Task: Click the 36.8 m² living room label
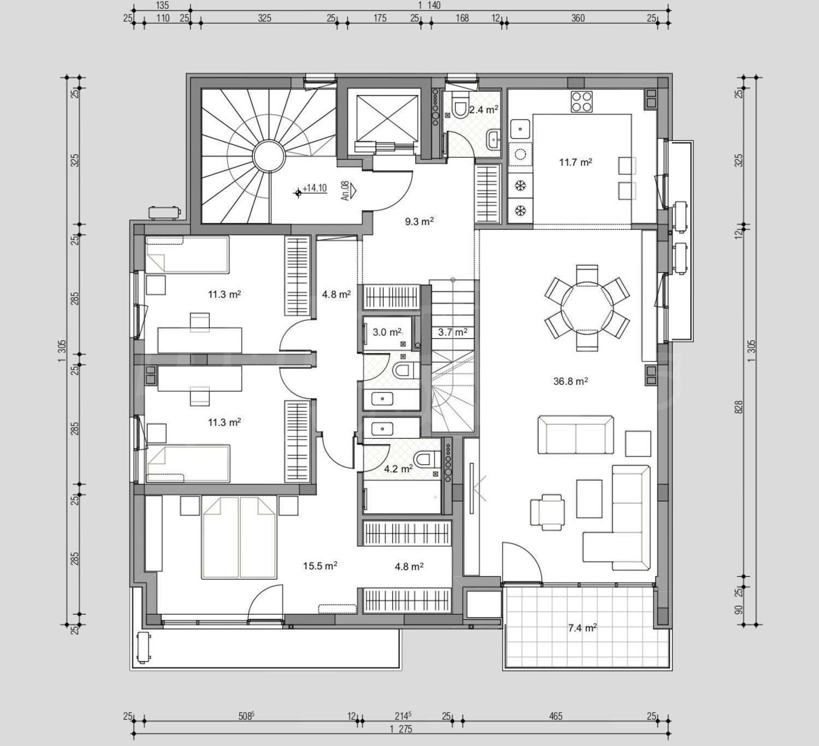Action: click(x=571, y=381)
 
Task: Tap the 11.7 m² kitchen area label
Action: click(x=575, y=163)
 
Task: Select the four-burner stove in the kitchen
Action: click(x=582, y=102)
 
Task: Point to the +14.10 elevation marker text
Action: click(x=314, y=188)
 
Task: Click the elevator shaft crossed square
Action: click(x=387, y=118)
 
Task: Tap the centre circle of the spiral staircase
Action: click(x=269, y=156)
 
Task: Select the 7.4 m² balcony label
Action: click(x=582, y=628)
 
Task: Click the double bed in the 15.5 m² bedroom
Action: click(x=239, y=538)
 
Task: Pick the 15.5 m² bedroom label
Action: click(x=320, y=565)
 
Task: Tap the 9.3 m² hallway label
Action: click(x=419, y=222)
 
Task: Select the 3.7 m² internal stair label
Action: click(x=453, y=332)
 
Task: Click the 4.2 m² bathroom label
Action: click(x=398, y=469)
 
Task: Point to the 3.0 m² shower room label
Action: click(x=387, y=332)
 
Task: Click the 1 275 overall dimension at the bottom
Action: click(x=401, y=729)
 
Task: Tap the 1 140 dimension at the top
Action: click(x=429, y=5)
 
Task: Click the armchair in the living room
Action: click(x=548, y=512)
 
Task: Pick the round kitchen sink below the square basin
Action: click(x=520, y=154)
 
